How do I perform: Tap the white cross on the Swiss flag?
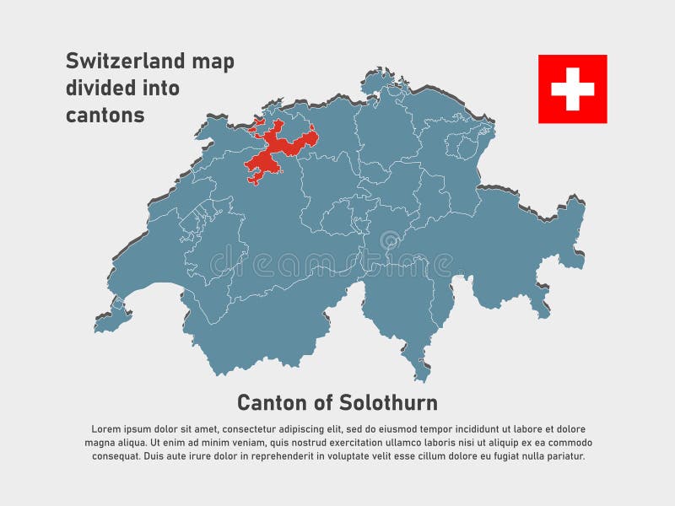pos(572,89)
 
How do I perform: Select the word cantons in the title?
pos(105,116)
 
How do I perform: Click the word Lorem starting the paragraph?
pos(103,429)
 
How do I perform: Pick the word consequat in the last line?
pos(116,456)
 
